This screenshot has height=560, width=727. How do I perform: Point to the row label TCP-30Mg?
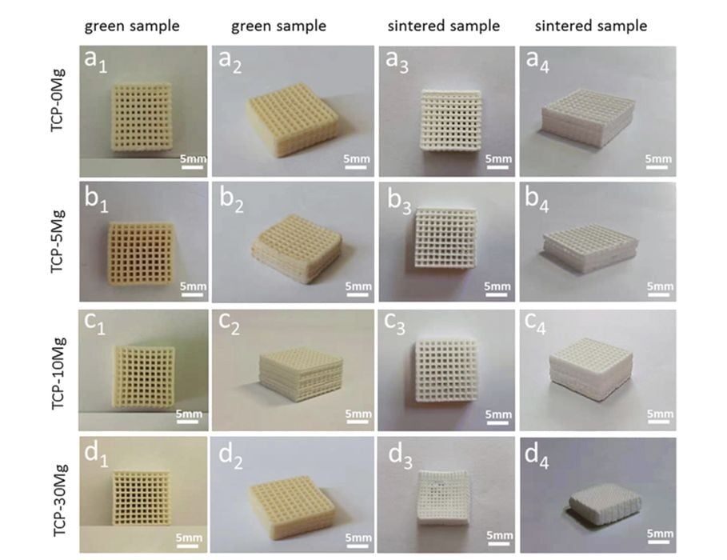coord(59,498)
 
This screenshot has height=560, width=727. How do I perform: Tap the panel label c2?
coord(235,327)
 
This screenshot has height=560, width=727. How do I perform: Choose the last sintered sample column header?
coord(591,26)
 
